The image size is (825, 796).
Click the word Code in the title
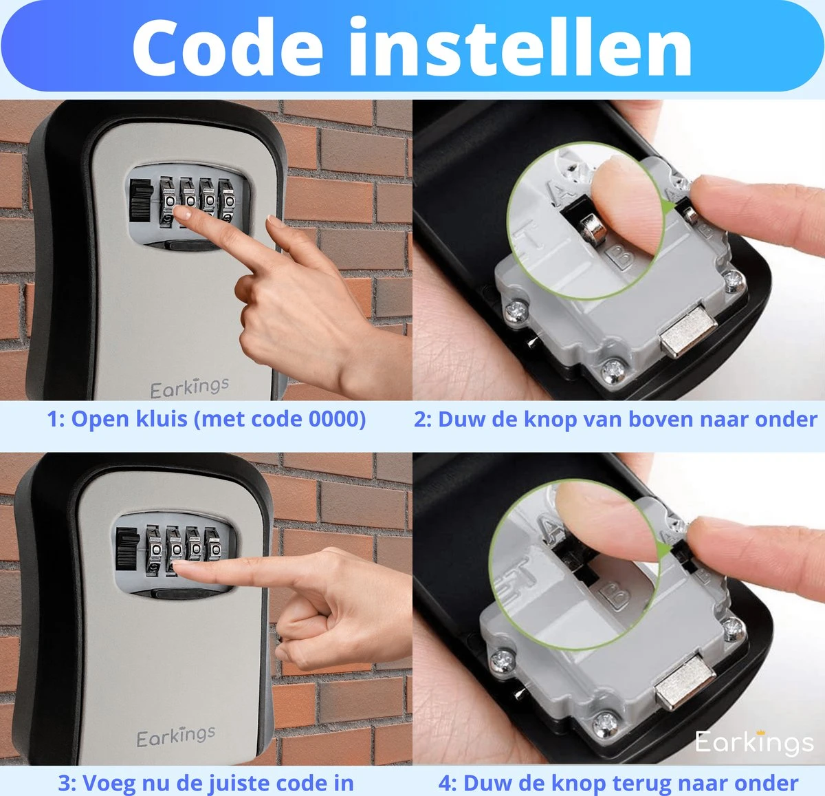click(228, 47)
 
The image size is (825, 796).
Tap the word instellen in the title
click(520, 46)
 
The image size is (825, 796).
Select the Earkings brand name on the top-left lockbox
click(190, 388)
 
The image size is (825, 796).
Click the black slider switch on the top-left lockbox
click(140, 200)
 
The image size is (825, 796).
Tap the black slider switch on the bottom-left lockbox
click(127, 548)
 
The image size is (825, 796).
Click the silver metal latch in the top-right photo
click(688, 332)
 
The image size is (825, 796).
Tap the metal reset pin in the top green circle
click(592, 228)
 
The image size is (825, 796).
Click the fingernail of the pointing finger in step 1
click(182, 213)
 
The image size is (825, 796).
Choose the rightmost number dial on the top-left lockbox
click(226, 200)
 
